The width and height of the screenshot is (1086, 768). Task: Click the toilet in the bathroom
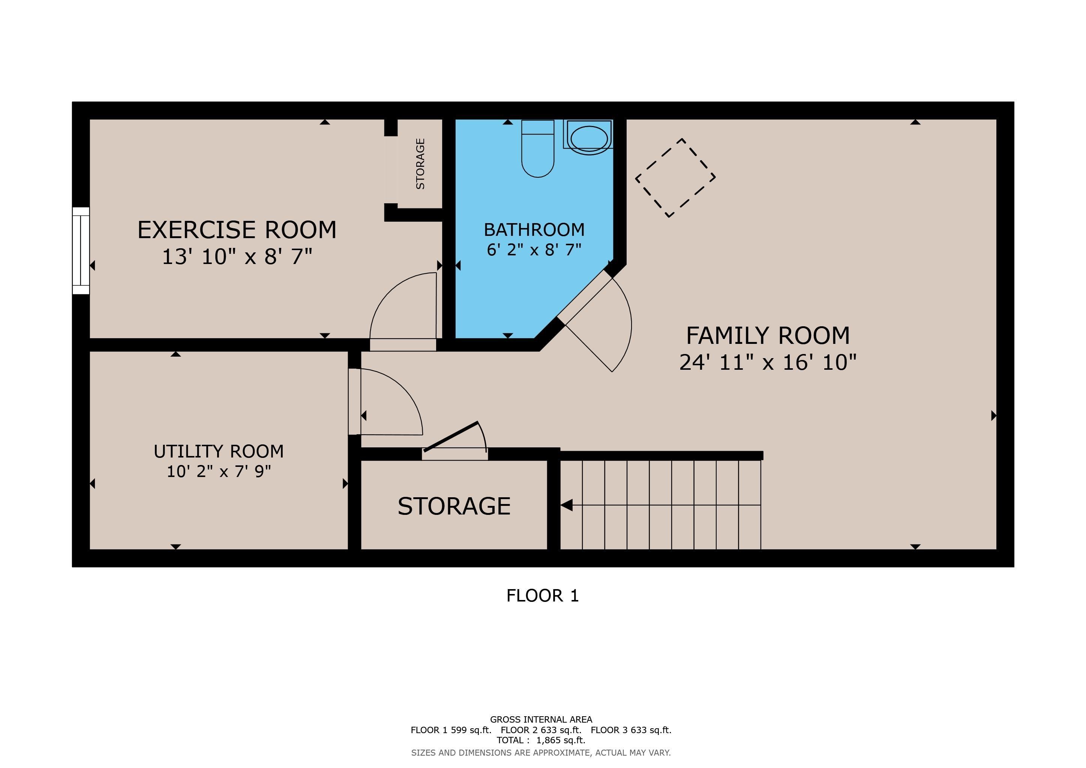537,148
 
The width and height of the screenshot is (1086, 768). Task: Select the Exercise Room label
237,230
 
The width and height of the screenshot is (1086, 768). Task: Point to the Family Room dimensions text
768,363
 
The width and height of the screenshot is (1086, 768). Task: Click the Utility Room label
219,451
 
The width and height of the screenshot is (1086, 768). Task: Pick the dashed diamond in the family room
675,178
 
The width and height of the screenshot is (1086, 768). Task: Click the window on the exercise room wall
81,250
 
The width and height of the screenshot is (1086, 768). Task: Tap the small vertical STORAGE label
420,163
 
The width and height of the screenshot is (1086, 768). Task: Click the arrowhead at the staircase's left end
567,505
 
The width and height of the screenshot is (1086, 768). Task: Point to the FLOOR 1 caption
543,595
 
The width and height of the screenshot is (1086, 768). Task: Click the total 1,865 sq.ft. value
561,740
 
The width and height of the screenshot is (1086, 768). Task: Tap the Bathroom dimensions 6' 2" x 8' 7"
534,250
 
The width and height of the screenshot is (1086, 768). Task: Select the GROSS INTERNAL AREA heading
541,719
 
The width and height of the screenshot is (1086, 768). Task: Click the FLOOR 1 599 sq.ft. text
451,730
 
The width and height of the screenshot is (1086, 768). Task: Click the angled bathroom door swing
622,326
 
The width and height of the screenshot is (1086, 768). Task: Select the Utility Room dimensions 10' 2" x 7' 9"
219,471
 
